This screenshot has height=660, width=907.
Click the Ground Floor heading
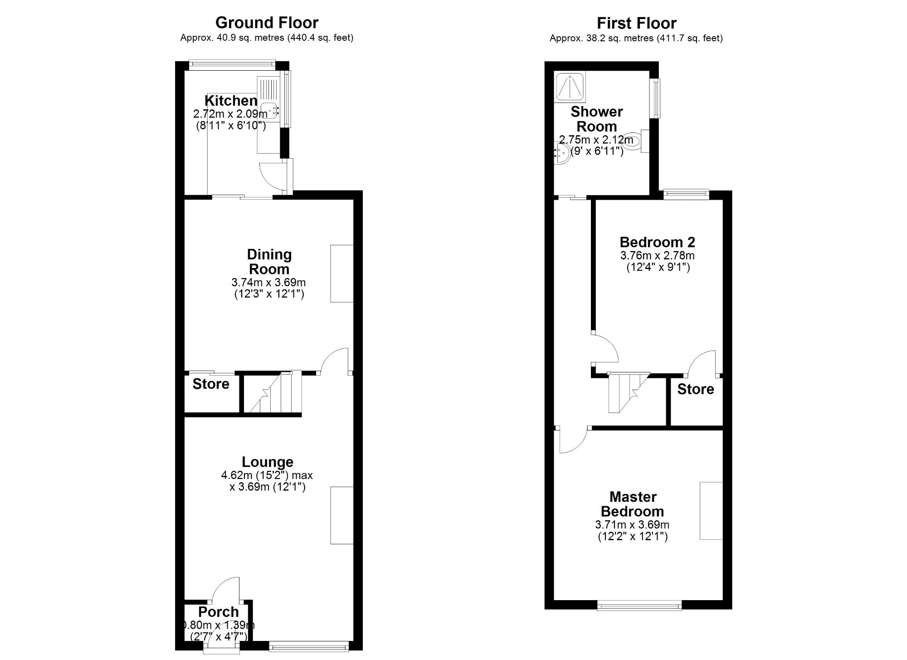point(267,23)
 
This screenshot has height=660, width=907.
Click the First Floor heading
point(636,23)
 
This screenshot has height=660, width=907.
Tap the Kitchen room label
point(231,100)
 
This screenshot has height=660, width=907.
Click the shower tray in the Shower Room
point(570,86)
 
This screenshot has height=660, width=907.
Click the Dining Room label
point(269,261)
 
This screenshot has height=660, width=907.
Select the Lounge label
point(267,462)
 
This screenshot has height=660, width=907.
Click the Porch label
point(218,612)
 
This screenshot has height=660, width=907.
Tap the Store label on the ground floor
point(211,384)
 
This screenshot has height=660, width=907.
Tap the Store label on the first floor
point(695,389)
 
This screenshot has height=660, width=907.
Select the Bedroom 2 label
point(657,242)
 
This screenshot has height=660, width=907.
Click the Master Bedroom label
point(633,504)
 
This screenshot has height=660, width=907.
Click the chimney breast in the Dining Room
point(341,274)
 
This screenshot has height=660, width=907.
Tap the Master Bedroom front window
point(639,605)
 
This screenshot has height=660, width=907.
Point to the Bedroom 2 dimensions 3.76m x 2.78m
point(657,255)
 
